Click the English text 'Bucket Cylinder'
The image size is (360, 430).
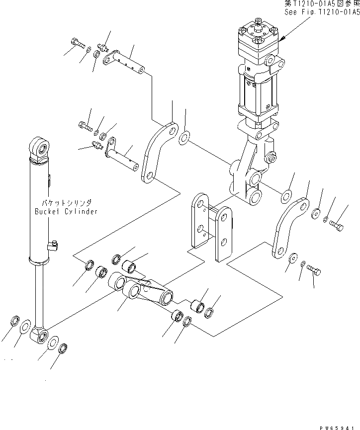[66, 211]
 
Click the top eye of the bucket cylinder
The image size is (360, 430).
[40, 147]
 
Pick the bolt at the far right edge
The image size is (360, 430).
[336, 225]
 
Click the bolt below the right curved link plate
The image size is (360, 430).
[314, 269]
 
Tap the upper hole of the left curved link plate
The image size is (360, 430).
[171, 131]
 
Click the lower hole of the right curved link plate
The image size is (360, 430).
[276, 253]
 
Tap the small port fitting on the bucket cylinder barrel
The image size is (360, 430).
[53, 244]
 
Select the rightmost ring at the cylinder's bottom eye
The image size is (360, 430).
[64, 348]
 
